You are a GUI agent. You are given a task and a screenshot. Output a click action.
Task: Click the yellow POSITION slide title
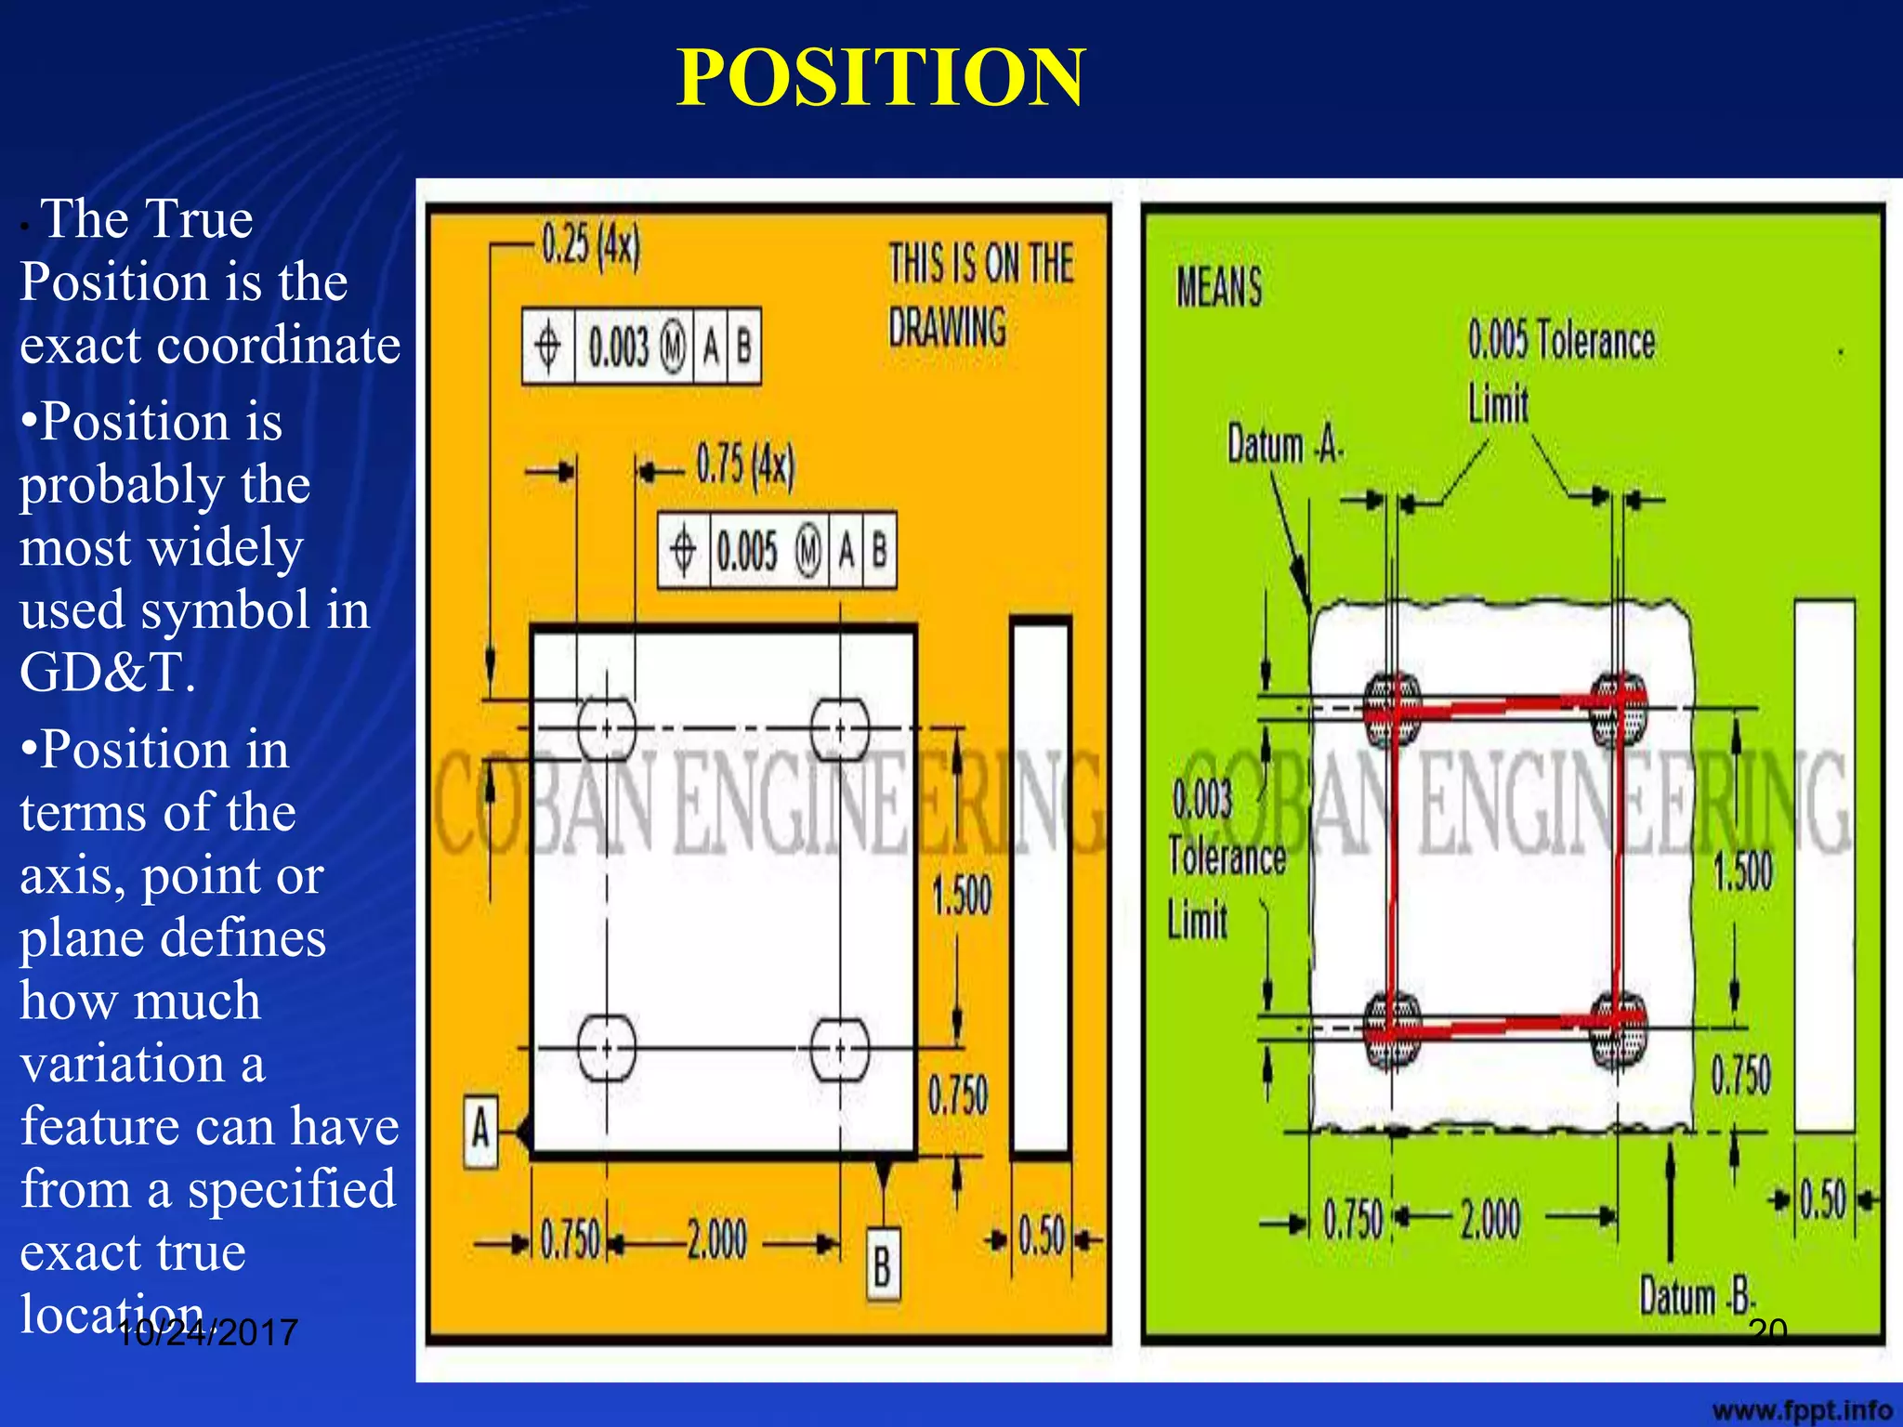tap(880, 78)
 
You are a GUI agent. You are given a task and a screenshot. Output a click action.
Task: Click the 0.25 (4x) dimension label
tap(591, 245)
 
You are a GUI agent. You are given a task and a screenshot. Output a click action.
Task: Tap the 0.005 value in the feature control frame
tap(747, 550)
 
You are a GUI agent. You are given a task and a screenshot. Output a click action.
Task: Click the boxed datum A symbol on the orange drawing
tap(480, 1132)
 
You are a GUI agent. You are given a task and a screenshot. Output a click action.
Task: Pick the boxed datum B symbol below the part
tap(882, 1264)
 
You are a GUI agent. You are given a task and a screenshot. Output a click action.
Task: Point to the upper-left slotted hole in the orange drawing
tap(607, 728)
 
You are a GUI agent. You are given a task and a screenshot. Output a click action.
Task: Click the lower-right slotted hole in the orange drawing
tap(840, 1049)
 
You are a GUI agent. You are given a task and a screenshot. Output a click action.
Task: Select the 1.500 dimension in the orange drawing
tap(962, 896)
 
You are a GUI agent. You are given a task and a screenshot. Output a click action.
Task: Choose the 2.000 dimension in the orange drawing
tap(716, 1239)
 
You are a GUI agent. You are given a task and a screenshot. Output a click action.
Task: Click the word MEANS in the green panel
tap(1219, 287)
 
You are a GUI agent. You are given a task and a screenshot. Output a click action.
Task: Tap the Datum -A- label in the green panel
tap(1285, 445)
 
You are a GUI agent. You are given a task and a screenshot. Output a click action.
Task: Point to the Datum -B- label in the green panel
tap(1696, 1297)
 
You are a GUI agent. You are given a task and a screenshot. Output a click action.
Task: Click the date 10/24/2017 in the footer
tap(207, 1333)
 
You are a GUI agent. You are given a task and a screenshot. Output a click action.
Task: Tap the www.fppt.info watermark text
tap(1801, 1410)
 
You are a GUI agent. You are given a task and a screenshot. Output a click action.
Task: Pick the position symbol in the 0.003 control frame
tap(548, 347)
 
